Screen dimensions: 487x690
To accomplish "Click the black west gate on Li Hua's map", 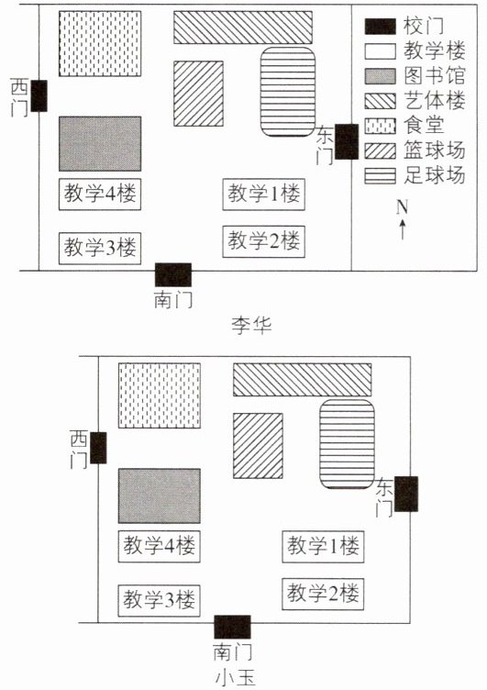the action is (x=39, y=95).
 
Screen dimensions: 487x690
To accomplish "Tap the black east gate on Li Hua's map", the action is (x=347, y=141).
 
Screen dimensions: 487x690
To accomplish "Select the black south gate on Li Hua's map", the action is (x=173, y=274).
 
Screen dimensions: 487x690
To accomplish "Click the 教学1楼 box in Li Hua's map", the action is (x=263, y=195).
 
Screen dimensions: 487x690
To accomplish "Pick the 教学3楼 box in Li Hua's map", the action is (x=100, y=248).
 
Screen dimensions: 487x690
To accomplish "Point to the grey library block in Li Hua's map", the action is (x=100, y=143).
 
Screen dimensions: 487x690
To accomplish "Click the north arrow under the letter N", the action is (x=402, y=229).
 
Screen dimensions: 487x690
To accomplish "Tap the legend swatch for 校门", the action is (x=380, y=27).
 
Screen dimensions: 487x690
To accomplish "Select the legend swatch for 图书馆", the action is (x=380, y=76).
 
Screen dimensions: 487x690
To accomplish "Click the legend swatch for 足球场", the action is (x=380, y=175).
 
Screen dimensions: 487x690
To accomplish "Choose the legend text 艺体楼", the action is (x=434, y=101).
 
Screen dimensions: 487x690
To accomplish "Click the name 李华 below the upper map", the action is (x=251, y=326).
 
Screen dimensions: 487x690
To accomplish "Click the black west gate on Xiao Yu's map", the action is (x=98, y=448).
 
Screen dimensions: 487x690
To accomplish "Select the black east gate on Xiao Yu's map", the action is (x=406, y=494).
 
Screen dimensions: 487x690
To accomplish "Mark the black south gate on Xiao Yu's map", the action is (x=232, y=627).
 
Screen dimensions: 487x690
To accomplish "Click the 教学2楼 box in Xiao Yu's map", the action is (x=323, y=594).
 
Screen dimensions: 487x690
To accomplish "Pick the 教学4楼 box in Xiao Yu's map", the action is (x=160, y=547).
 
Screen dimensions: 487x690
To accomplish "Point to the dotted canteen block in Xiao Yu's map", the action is (x=160, y=395).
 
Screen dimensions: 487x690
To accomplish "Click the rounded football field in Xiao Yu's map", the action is (x=347, y=444).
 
